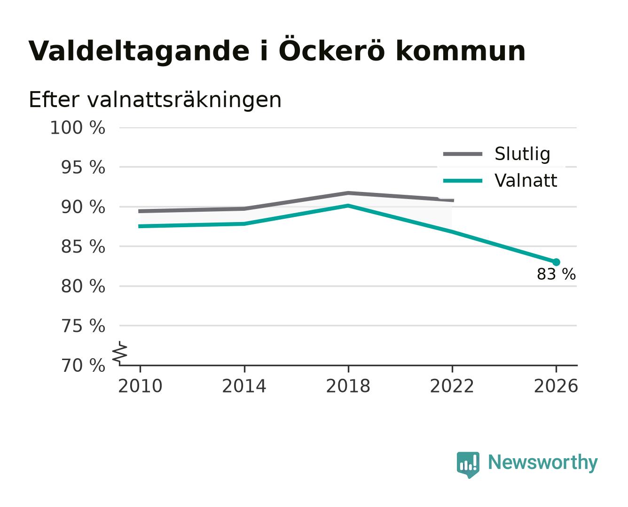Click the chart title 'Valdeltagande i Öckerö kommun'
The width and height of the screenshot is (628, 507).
coord(276,51)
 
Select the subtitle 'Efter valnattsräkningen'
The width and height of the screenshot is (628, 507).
coord(155,100)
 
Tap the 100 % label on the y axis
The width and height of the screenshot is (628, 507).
coord(78,128)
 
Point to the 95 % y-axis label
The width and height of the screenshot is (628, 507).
coord(83,168)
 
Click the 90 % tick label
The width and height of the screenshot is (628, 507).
coord(83,207)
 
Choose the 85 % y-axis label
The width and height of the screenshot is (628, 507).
coord(83,246)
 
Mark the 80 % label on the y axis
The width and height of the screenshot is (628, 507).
coord(83,286)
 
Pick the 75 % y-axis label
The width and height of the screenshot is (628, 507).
coord(83,326)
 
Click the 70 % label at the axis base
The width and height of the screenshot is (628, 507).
coord(83,365)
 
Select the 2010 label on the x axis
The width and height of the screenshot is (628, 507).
coord(140,386)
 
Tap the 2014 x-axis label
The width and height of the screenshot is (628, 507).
coord(244,386)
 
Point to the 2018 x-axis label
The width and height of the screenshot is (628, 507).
coord(348,386)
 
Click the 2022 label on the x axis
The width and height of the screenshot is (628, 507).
coord(452,386)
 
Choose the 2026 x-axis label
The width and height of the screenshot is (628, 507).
coord(556,386)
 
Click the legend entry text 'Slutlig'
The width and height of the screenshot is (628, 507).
coord(522,154)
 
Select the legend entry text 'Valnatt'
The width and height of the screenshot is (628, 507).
coord(526,180)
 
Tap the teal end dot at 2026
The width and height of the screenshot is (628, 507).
coord(556,262)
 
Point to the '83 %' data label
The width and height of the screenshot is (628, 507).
coord(556,274)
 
